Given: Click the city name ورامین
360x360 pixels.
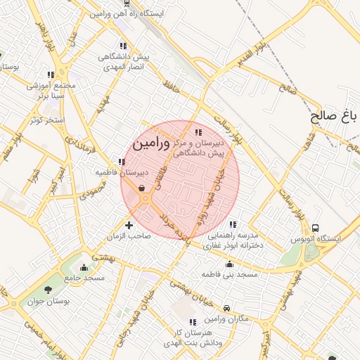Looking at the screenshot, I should [x=151, y=143].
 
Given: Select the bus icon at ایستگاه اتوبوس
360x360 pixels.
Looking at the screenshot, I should [x=316, y=228].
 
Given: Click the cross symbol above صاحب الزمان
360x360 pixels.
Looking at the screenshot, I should [x=129, y=226].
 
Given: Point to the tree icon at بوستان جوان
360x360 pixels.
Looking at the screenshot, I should [x=49, y=289].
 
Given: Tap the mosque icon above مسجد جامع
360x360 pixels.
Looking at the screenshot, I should [x=84, y=267].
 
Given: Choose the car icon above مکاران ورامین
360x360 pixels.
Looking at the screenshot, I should [x=226, y=308].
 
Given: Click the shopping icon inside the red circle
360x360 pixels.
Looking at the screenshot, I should [x=143, y=188].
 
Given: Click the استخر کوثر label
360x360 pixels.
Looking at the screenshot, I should [x=47, y=120].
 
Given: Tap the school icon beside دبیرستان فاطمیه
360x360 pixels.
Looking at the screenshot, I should [x=122, y=162].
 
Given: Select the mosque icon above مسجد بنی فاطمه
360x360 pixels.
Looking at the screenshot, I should [x=230, y=264].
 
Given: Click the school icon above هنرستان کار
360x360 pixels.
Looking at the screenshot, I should [x=193, y=322].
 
